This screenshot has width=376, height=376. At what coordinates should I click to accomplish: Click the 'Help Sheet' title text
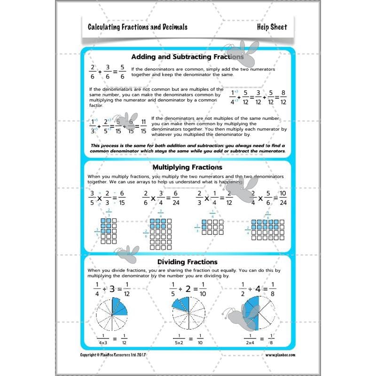pos(272,27)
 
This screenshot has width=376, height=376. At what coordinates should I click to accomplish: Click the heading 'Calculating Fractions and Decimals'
pos(137,27)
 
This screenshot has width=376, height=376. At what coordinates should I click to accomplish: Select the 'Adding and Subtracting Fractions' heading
pos(187,57)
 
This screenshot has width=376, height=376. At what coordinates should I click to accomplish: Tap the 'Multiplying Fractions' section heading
pos(188,167)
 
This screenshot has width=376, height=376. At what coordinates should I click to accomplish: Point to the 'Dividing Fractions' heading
pos(188,262)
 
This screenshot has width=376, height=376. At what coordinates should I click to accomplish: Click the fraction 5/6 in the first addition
pos(122,72)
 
